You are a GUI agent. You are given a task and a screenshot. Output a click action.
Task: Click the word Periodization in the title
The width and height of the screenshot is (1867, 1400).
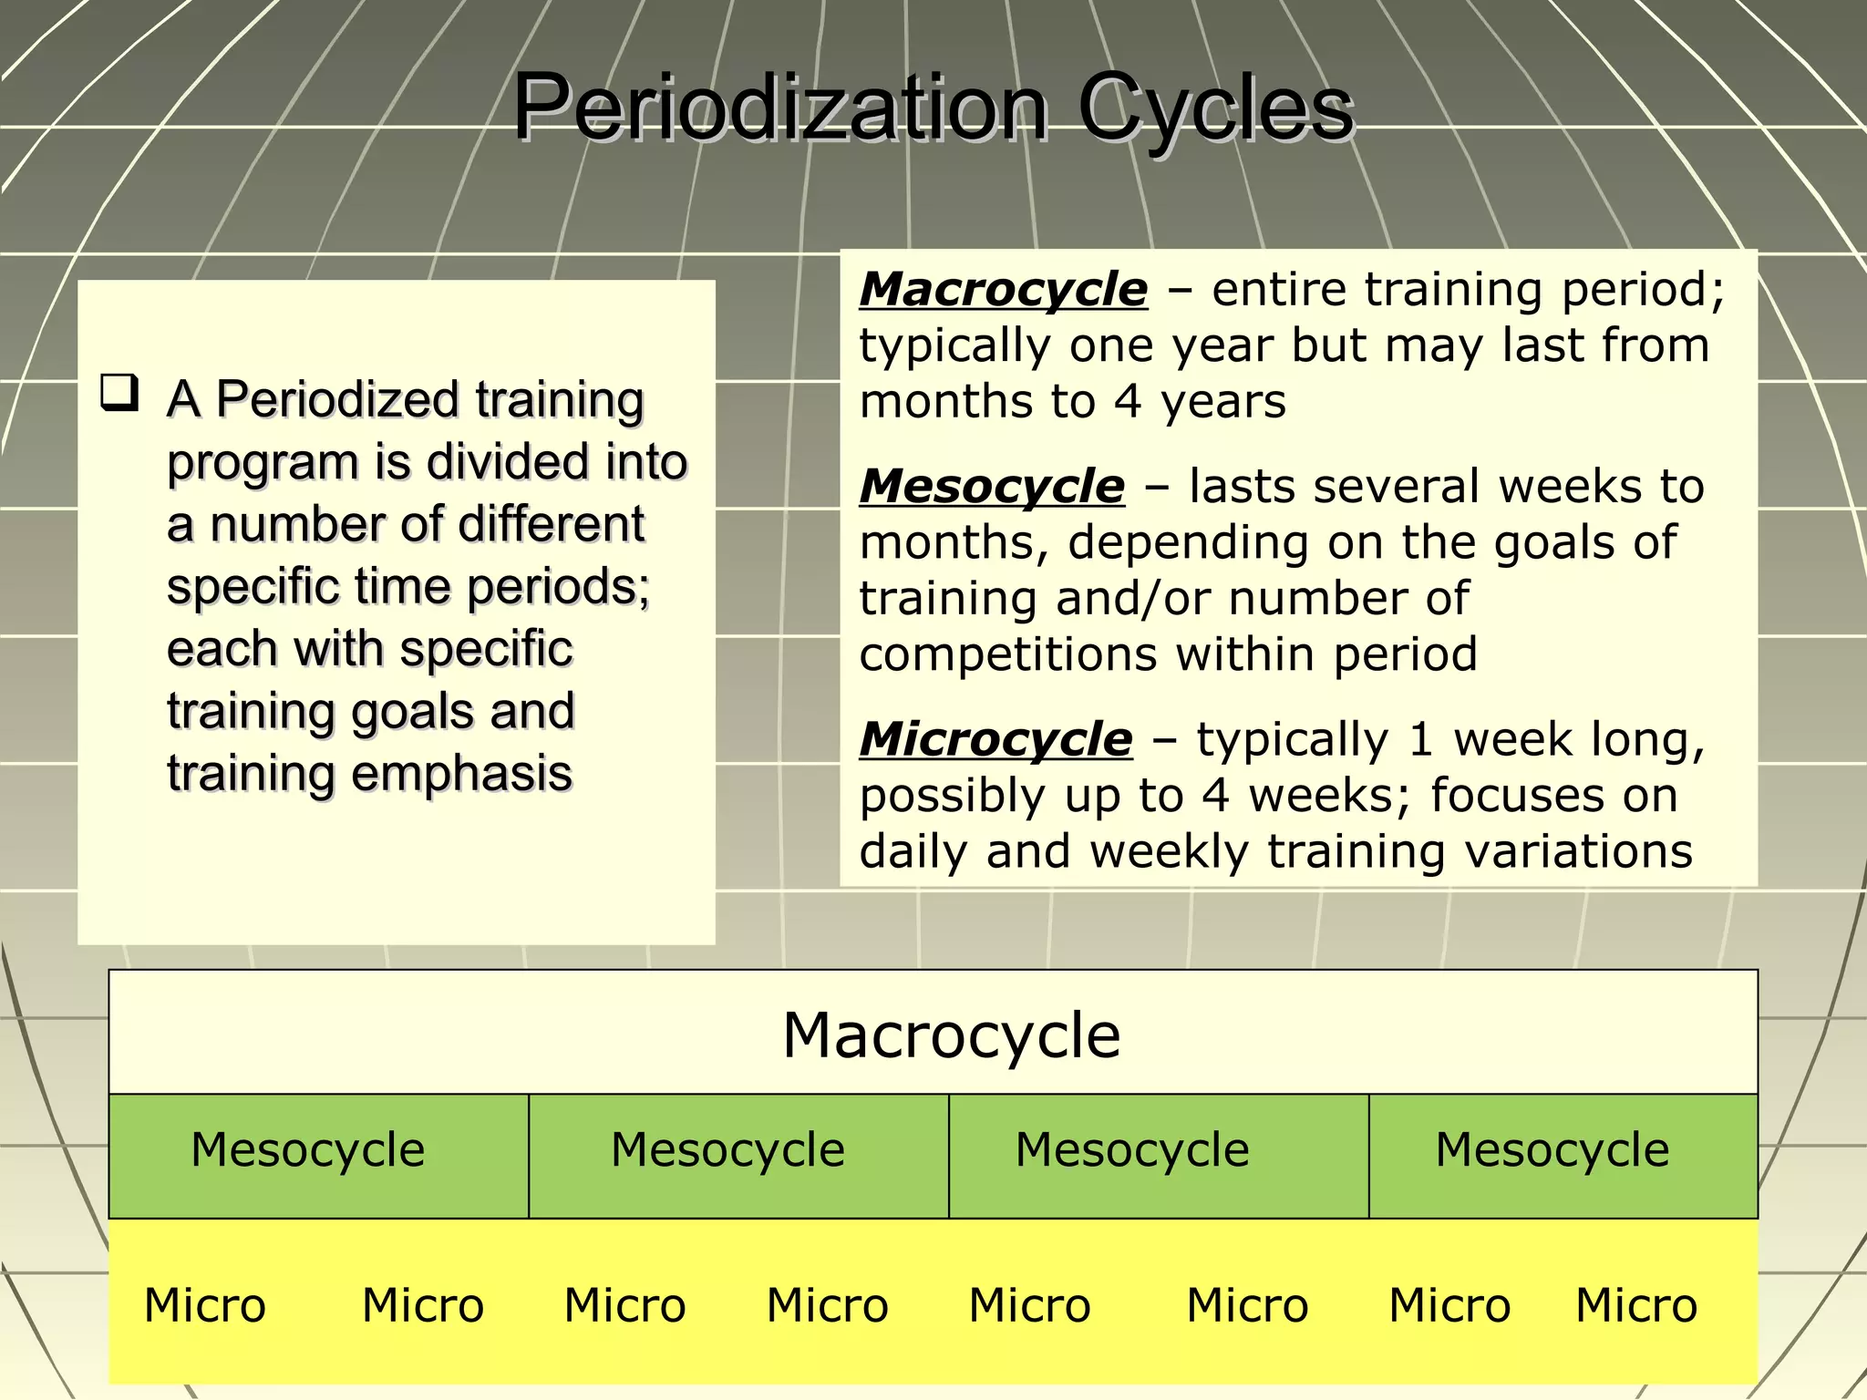coord(780,108)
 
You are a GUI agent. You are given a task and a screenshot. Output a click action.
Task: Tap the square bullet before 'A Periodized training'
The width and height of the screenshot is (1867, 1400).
coord(119,393)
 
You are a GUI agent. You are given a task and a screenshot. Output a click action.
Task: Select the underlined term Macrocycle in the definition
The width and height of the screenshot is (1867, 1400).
coord(1004,290)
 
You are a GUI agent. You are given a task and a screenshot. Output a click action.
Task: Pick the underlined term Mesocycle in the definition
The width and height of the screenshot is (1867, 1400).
coord(992,486)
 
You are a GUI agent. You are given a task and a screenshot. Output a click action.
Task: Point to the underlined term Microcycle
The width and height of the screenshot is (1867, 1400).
coord(995,738)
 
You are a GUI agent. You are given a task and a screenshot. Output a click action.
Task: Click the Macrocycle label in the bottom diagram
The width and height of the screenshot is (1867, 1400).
coord(951,1035)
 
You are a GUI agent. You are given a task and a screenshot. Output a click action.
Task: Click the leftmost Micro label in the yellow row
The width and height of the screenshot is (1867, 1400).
coord(205,1305)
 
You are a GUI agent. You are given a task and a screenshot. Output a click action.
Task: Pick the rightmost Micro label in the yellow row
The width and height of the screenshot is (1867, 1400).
coord(1636,1305)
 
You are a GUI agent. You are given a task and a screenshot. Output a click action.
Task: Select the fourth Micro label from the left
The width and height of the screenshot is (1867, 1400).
coord(827,1305)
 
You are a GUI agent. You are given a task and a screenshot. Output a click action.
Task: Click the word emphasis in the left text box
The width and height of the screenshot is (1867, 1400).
coord(461,774)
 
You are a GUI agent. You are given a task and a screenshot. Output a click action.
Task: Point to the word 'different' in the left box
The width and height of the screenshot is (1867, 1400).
coord(551,524)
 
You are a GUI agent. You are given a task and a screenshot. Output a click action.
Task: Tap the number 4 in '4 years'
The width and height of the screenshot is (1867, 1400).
coord(1128,402)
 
